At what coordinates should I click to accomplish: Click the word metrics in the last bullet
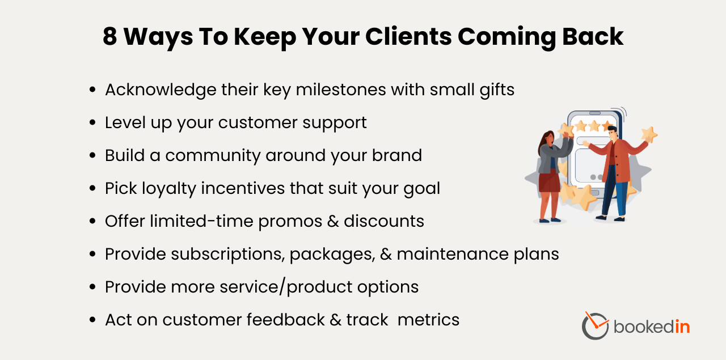(x=428, y=320)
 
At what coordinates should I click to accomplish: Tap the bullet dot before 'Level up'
(x=92, y=123)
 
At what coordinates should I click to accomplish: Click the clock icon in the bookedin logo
(x=595, y=325)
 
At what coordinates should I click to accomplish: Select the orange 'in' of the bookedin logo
(x=682, y=327)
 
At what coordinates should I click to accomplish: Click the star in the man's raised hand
(x=649, y=134)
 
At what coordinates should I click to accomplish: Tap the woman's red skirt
(x=548, y=182)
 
